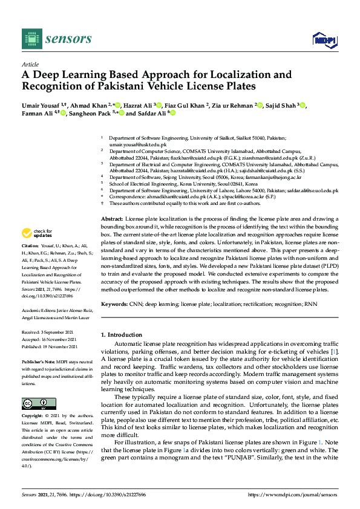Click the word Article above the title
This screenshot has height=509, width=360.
pyautogui.click(x=30, y=64)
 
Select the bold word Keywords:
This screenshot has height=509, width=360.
pyautogui.click(x=115, y=303)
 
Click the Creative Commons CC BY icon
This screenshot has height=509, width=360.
pyautogui.click(x=34, y=403)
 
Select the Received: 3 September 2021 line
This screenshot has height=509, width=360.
pyautogui.click(x=50, y=332)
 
